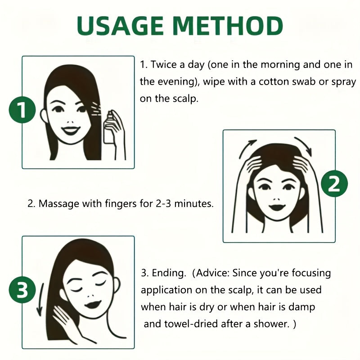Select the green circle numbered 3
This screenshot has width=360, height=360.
[x=22, y=291]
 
